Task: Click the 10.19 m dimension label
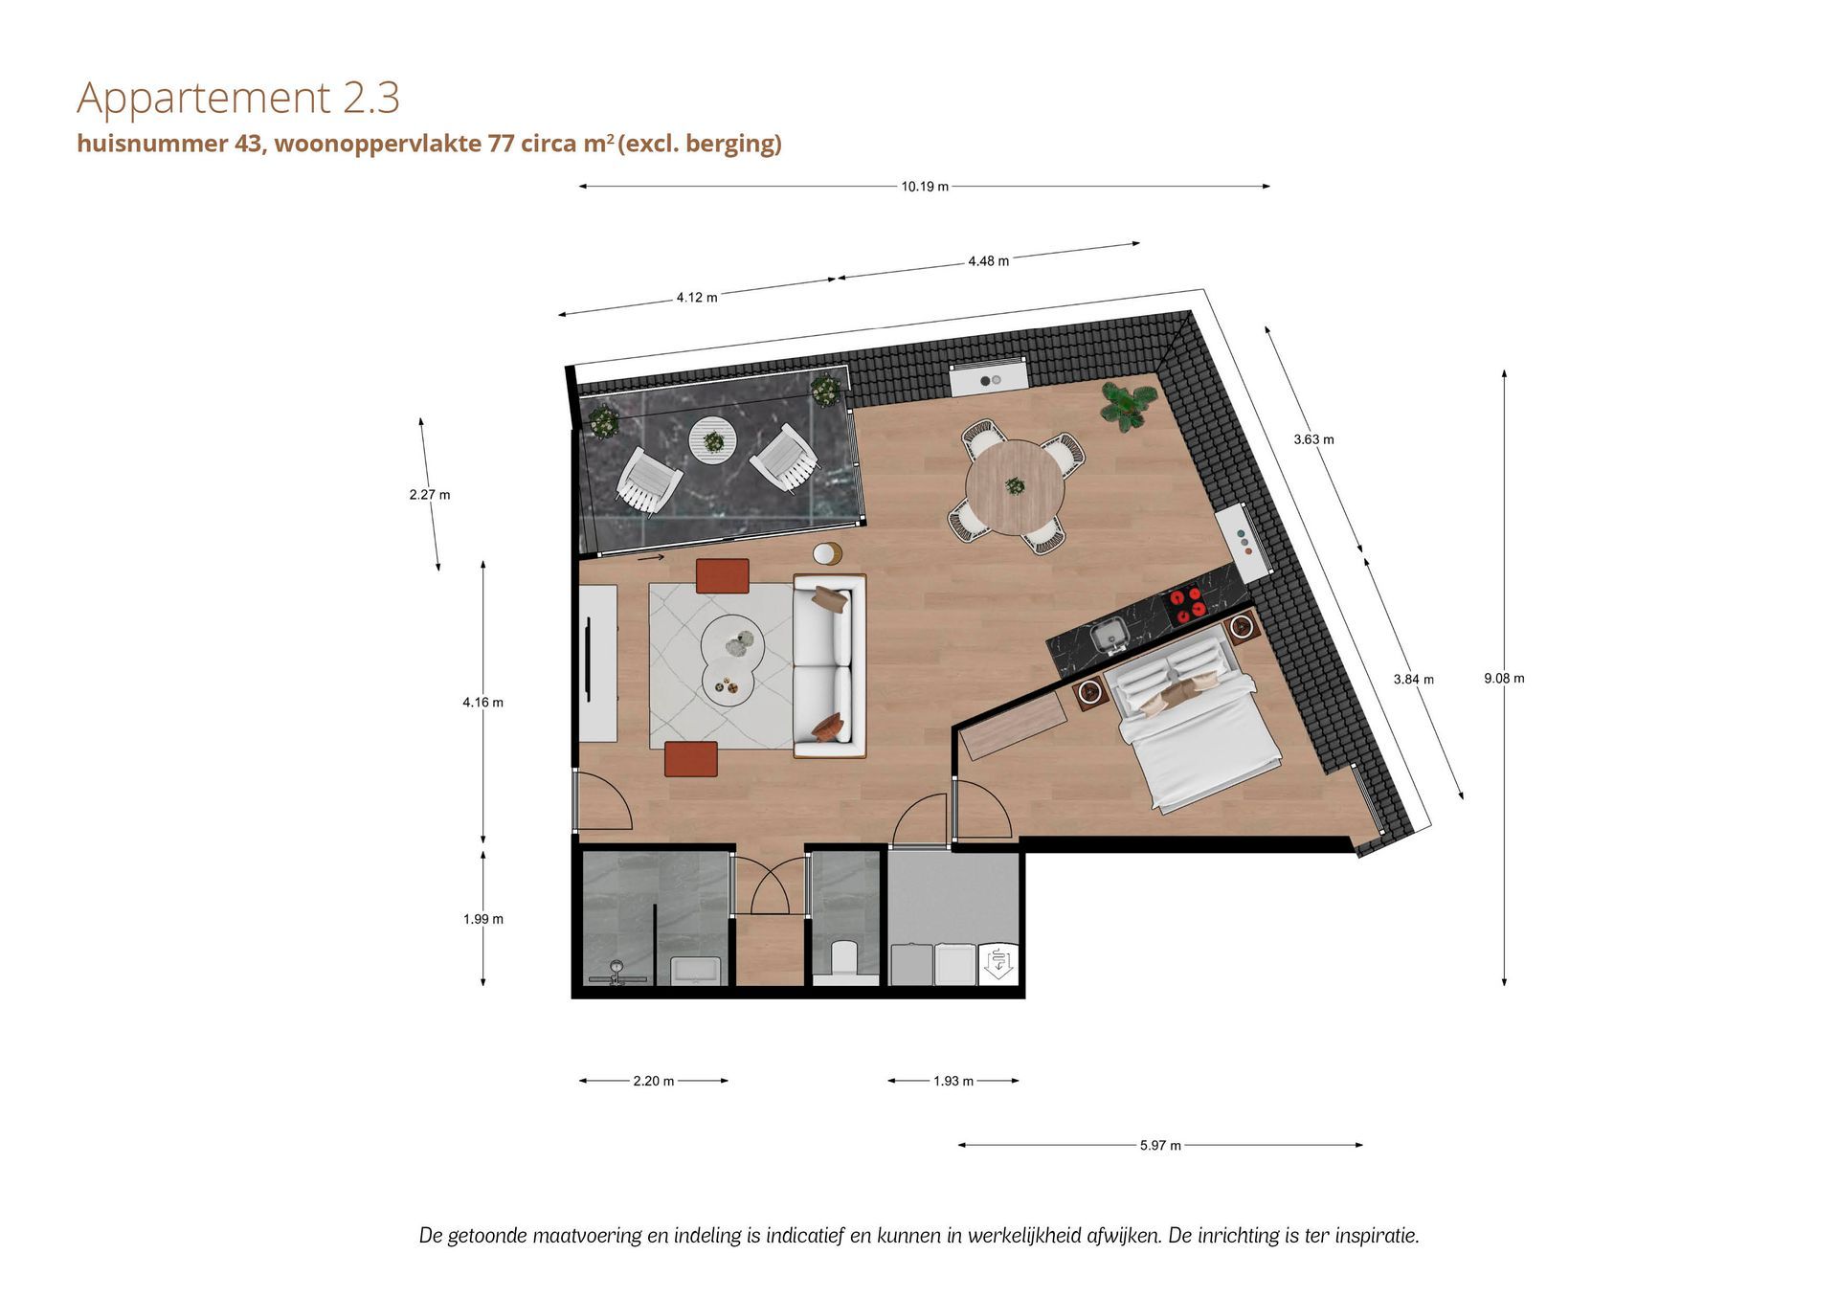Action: click(x=925, y=187)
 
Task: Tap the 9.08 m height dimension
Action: click(x=1504, y=678)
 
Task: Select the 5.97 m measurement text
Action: click(x=1160, y=1145)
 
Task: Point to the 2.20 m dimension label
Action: click(x=654, y=1081)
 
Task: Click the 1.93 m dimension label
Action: click(x=953, y=1081)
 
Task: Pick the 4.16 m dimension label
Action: click(x=482, y=702)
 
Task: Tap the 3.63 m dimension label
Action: click(x=1313, y=439)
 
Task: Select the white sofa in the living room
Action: click(x=829, y=666)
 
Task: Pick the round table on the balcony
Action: click(x=713, y=440)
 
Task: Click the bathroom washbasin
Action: click(x=695, y=971)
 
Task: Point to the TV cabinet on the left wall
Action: click(x=597, y=662)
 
